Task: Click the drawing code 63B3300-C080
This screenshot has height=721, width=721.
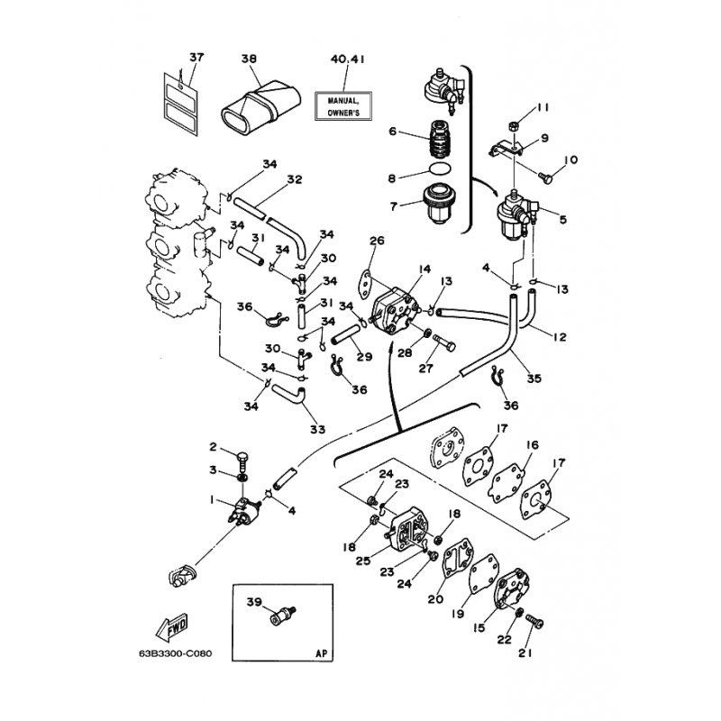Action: tap(175, 653)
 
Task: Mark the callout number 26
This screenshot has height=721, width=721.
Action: tap(377, 240)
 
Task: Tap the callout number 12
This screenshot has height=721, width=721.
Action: tap(561, 336)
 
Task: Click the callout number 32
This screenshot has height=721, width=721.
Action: tap(294, 179)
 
